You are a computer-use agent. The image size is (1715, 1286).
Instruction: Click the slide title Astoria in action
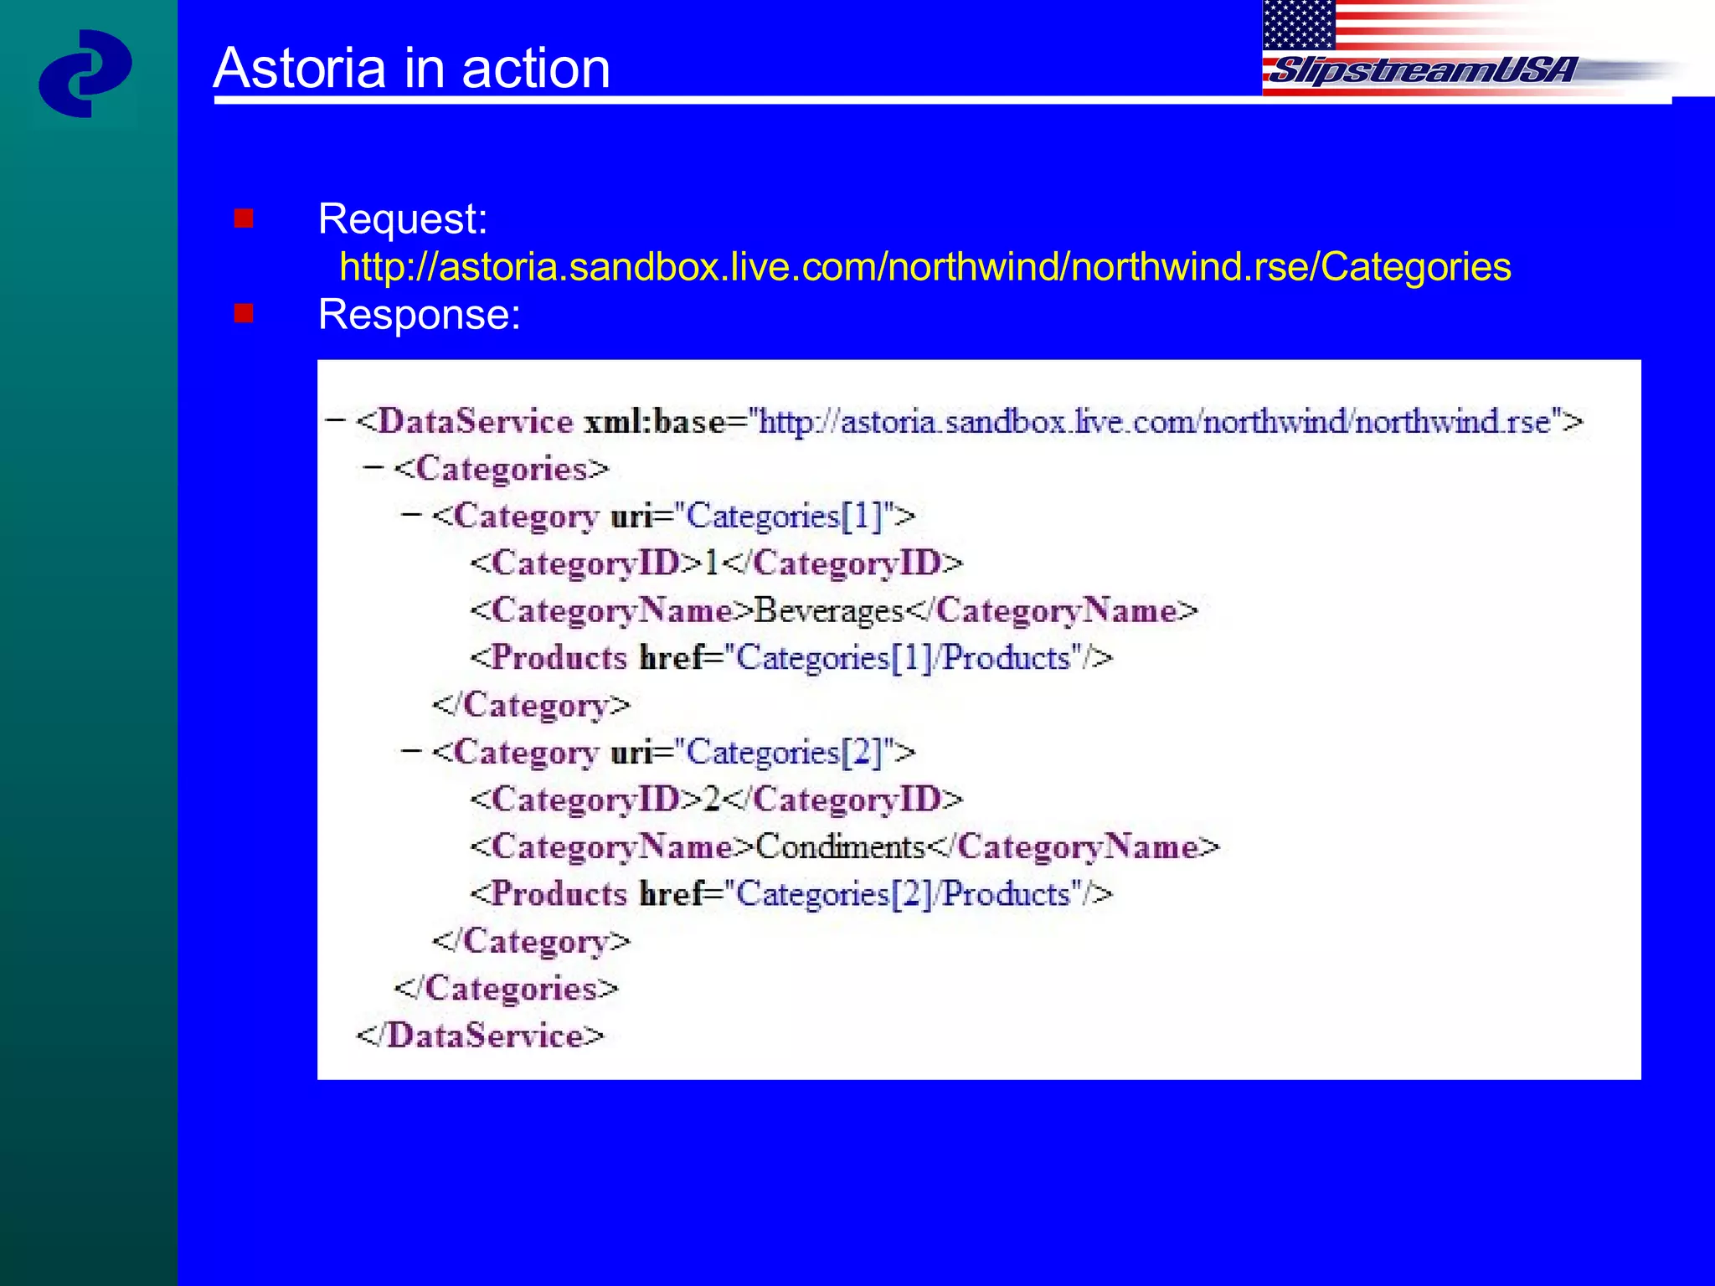[411, 68]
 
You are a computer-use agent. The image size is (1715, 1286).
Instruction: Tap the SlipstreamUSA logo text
[1421, 70]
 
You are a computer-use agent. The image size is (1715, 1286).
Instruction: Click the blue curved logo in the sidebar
[85, 74]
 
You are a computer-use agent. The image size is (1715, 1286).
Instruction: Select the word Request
[402, 219]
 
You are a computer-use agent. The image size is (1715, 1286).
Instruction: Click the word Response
[419, 315]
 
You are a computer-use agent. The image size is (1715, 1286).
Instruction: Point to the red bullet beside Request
[244, 219]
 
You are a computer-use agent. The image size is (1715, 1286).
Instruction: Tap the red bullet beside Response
[244, 313]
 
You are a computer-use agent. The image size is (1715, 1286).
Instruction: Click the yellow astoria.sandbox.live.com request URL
[924, 267]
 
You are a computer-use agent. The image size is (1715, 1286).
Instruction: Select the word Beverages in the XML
[829, 611]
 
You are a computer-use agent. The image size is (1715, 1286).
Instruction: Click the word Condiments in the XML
[840, 847]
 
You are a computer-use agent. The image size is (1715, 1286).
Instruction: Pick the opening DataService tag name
[476, 421]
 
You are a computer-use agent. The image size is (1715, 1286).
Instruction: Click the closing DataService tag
[481, 1036]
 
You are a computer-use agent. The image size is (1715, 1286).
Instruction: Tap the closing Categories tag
[507, 989]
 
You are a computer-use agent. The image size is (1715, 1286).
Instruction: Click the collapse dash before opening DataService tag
[335, 419]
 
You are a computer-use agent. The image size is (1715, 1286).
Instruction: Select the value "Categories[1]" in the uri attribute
[784, 516]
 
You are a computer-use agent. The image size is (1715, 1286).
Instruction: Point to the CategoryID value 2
[712, 800]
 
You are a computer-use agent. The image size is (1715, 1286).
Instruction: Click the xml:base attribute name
[654, 421]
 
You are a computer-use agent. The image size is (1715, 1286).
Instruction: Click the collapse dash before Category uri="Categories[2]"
[410, 751]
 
